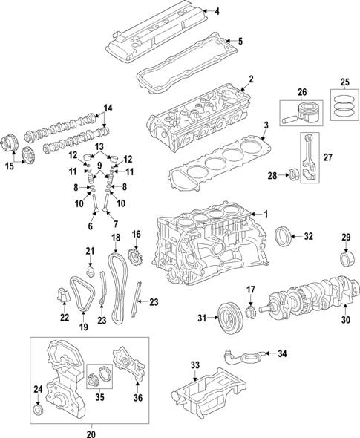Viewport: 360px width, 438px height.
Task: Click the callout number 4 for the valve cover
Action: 217,11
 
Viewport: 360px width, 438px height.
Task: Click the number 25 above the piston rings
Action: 344,82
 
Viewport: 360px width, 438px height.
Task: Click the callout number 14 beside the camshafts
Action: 108,108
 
